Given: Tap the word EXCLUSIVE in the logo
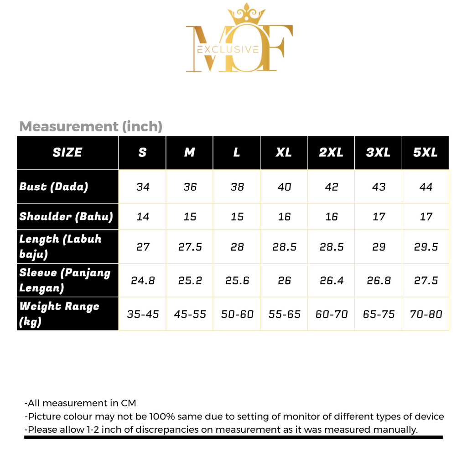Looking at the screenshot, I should (227, 49).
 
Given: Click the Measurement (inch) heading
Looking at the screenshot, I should (91, 126).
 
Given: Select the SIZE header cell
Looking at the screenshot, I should (67, 152).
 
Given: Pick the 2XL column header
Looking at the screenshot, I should (331, 152).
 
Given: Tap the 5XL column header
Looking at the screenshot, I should (425, 152).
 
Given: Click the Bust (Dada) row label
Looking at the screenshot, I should (54, 187).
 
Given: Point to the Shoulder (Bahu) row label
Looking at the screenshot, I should (66, 217).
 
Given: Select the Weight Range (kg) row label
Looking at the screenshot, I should (59, 314).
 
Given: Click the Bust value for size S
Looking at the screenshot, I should (143, 187).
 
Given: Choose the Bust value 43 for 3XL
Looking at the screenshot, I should (379, 187).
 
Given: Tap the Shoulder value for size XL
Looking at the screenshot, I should (284, 217).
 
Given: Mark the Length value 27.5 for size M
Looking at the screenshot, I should (190, 247).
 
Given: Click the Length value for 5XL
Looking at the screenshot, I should (426, 247).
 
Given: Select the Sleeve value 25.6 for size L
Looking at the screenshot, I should (237, 280).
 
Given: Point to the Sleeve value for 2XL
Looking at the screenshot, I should (332, 280).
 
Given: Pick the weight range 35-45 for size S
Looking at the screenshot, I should (143, 314).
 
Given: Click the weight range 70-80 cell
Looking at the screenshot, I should (426, 314).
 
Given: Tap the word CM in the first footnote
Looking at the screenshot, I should (129, 403).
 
